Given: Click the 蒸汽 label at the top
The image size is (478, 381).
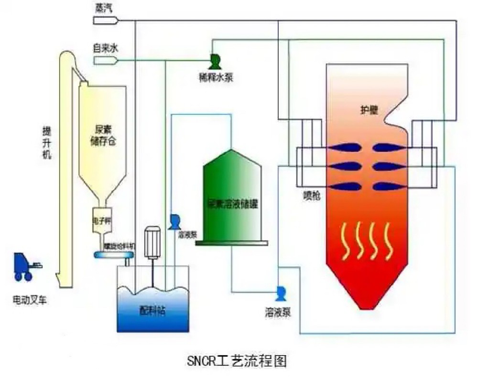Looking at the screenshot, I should pos(101,8).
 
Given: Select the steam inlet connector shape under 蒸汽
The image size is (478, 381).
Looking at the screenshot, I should pos(105,20).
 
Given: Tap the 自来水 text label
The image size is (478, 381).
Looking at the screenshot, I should pos(104,48).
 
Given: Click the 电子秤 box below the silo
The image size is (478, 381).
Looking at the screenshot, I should pos(101,222).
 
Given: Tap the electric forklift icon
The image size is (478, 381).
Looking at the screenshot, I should pos(27,266).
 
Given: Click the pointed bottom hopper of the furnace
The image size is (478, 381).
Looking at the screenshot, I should pos(366,292).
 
